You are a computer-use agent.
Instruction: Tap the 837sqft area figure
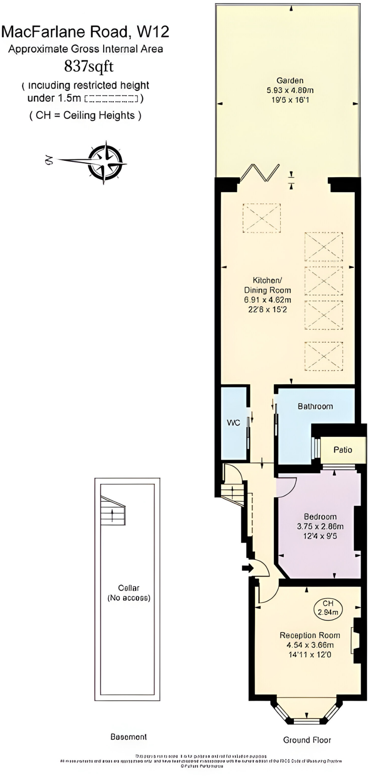[89, 66]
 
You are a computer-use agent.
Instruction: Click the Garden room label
[290, 80]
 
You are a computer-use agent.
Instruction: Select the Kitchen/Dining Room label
[267, 285]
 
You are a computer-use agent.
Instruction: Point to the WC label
[234, 423]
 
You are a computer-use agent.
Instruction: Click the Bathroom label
[315, 407]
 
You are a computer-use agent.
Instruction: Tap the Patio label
[343, 450]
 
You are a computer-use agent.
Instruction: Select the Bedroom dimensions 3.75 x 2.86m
[320, 526]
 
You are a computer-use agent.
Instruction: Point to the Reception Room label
[310, 635]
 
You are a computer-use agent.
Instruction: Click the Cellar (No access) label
[129, 593]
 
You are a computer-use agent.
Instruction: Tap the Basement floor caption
[129, 737]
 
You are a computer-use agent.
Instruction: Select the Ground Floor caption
[307, 740]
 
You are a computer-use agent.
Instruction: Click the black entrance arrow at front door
[248, 568]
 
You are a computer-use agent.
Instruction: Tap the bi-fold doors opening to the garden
[260, 173]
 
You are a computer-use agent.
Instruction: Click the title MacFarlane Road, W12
[85, 32]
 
